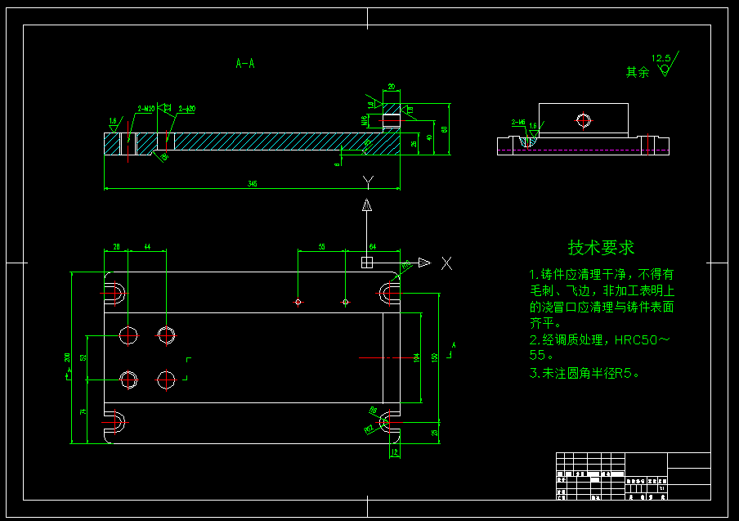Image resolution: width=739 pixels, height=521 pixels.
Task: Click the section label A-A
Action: click(x=244, y=63)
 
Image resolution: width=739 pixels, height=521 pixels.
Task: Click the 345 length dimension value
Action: click(x=253, y=184)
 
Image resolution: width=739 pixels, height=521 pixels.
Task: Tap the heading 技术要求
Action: click(x=601, y=247)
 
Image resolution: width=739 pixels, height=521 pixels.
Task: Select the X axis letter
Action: click(x=446, y=263)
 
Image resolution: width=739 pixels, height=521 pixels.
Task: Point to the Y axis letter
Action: click(x=369, y=180)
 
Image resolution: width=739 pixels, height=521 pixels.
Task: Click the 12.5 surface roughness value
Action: click(x=661, y=59)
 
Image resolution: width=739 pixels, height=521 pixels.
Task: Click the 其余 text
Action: click(x=638, y=72)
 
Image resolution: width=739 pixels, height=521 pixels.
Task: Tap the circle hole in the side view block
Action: click(x=583, y=120)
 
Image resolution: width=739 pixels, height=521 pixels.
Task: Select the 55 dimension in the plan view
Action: click(x=321, y=246)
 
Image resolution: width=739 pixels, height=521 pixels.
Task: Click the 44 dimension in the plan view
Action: click(x=147, y=246)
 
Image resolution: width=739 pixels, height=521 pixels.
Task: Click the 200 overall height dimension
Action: click(x=68, y=357)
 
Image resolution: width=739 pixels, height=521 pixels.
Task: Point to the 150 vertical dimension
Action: click(x=435, y=357)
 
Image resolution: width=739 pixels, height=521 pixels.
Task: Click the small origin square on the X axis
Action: click(x=367, y=262)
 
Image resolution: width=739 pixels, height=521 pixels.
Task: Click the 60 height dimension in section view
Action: click(x=445, y=129)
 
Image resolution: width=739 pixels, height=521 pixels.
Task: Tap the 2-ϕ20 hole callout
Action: click(x=187, y=108)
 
